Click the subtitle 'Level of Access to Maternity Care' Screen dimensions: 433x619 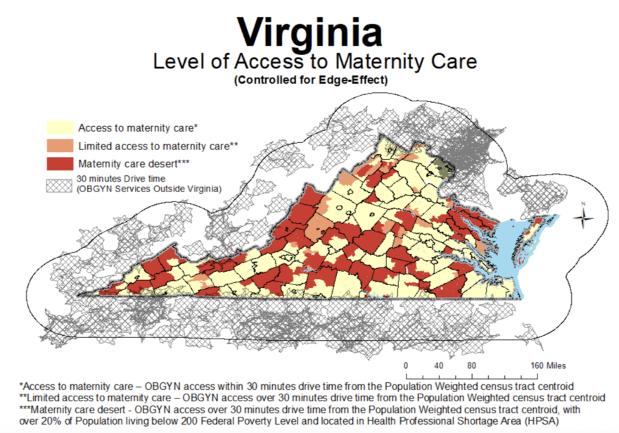314,62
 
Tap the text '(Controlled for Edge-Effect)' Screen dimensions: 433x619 310,80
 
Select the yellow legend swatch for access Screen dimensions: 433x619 59,128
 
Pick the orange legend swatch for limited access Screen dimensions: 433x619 59,146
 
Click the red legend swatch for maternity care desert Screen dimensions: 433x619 59,163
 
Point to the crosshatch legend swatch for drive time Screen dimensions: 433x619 59,184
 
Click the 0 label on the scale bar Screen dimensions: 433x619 406,365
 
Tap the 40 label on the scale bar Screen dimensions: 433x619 439,365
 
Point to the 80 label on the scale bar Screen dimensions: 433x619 472,365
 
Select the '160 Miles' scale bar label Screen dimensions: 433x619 547,365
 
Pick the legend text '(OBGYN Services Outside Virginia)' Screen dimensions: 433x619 149,189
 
